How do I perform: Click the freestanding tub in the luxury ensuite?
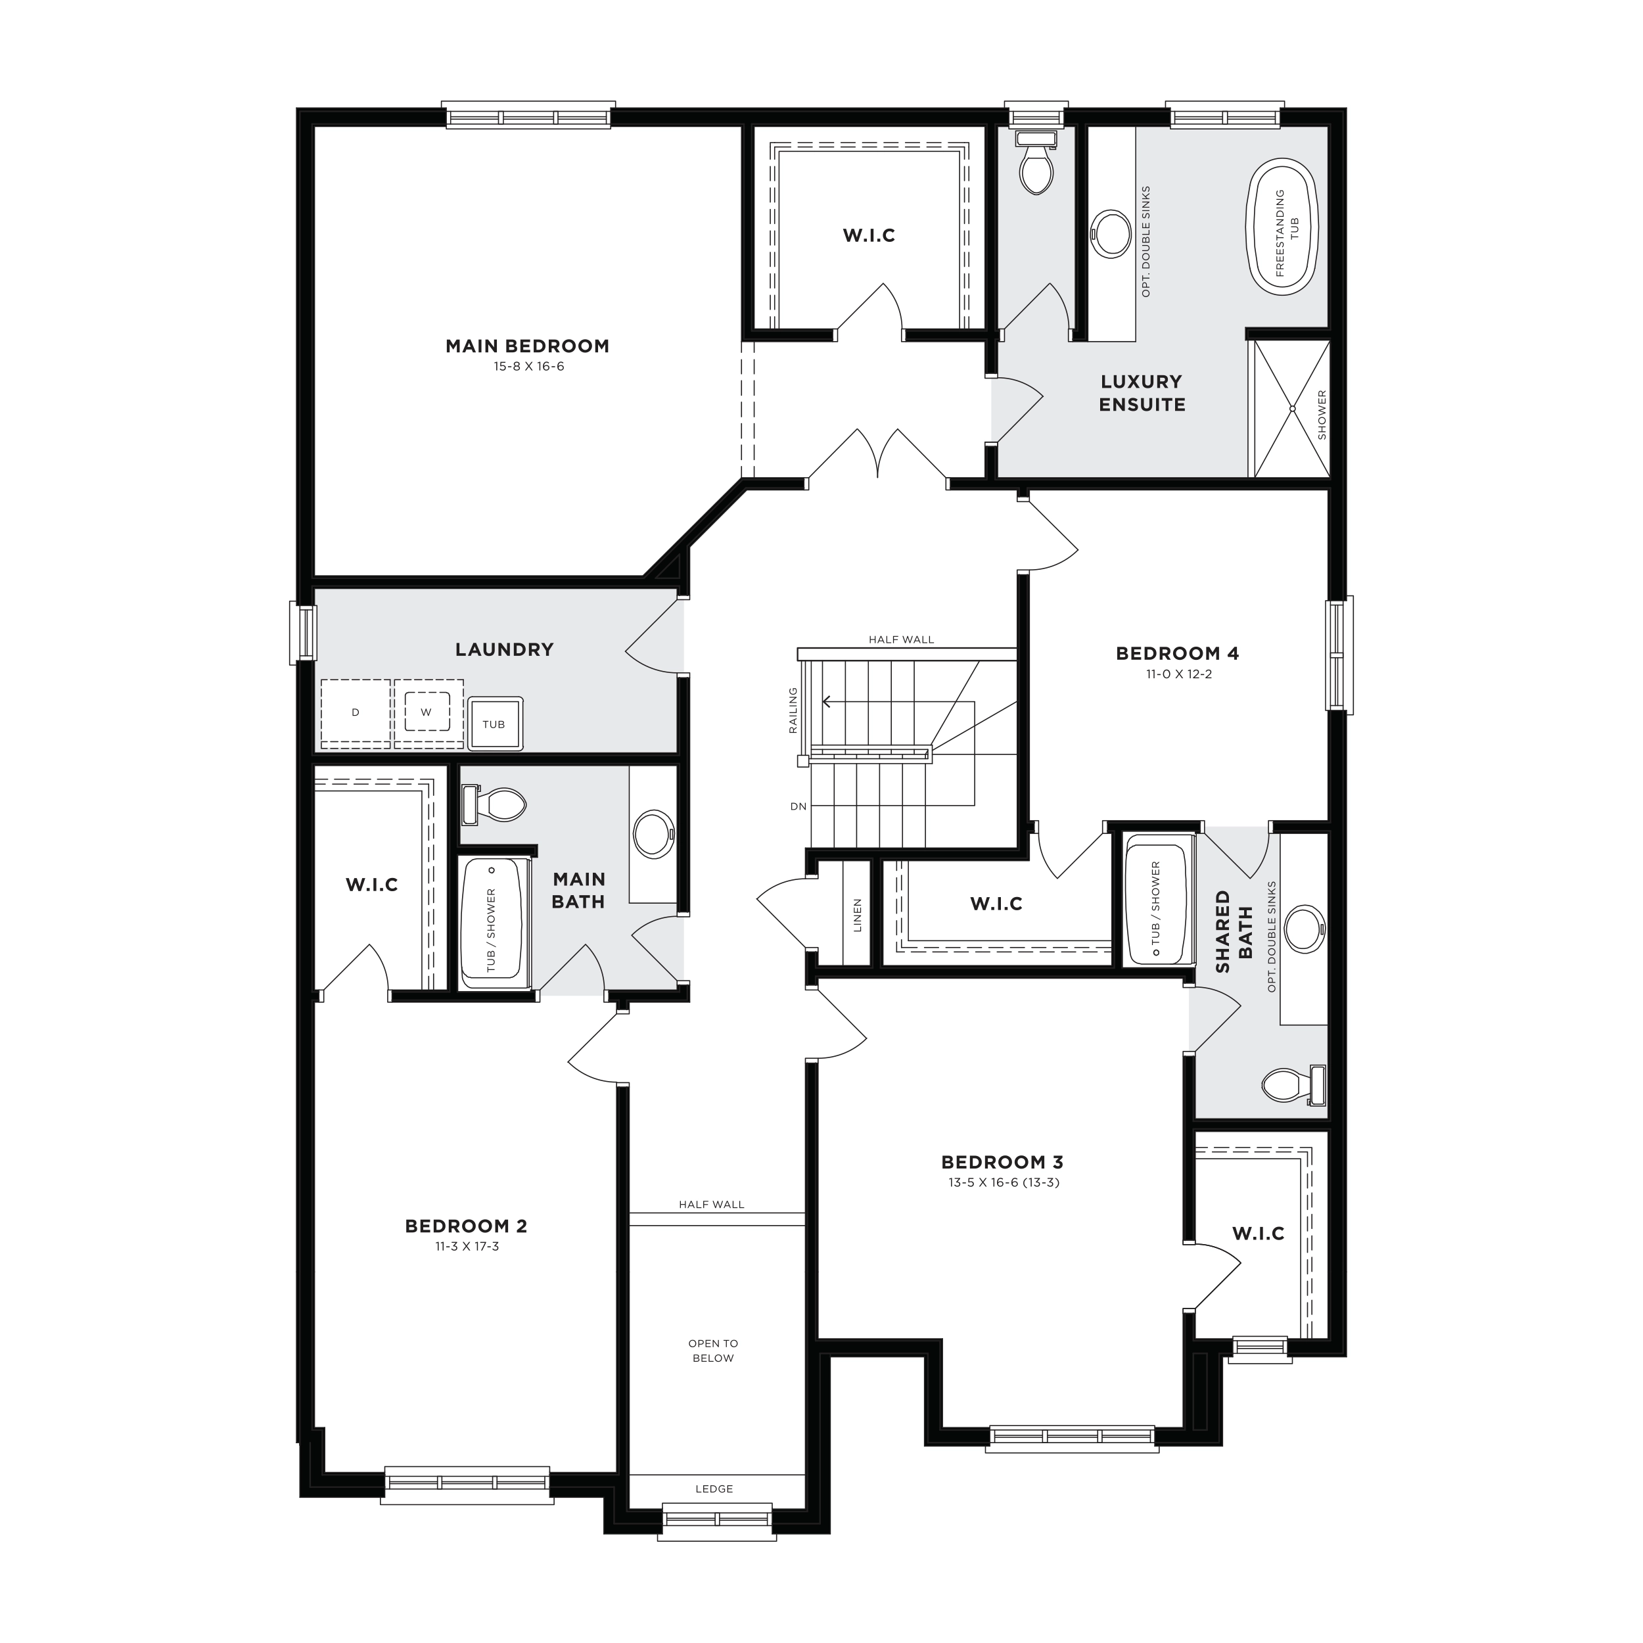click(x=1282, y=229)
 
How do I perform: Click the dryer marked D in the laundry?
click(x=356, y=714)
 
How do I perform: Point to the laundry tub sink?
click(x=494, y=724)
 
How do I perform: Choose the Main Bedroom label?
click(x=527, y=346)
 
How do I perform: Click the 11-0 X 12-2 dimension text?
click(x=1178, y=674)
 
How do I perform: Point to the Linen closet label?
click(x=857, y=915)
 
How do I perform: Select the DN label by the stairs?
click(x=798, y=806)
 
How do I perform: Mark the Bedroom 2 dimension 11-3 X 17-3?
click(x=466, y=1247)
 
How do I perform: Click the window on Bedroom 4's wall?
click(x=1339, y=655)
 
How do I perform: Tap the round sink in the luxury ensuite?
click(x=1110, y=233)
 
